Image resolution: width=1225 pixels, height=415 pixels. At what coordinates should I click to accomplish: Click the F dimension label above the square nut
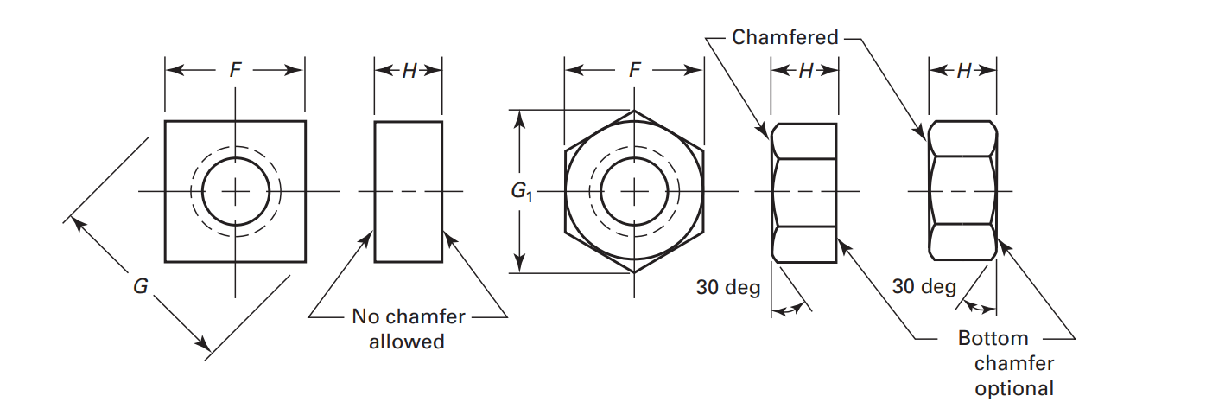pos(235,71)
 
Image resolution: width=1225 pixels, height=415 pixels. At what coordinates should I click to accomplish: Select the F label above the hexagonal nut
pos(635,71)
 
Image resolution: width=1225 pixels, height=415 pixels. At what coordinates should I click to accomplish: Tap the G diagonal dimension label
pos(141,286)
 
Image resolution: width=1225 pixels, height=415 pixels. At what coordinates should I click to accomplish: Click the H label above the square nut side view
pos(409,71)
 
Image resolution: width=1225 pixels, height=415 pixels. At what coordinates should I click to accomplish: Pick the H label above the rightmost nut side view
pos(963,71)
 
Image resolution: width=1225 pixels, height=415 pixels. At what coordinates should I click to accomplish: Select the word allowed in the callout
pos(407,342)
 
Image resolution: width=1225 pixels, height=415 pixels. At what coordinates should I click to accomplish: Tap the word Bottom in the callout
pos(993,338)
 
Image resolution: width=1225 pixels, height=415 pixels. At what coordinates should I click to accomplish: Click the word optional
pos(1014,388)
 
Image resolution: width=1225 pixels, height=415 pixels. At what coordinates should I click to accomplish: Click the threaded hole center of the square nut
pos(235,191)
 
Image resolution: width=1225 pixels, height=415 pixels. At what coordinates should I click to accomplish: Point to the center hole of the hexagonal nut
pos(635,191)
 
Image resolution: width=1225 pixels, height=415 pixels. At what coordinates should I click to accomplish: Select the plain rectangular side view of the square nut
pos(409,191)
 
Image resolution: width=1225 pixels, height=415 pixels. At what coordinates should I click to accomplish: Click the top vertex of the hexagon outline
pos(635,111)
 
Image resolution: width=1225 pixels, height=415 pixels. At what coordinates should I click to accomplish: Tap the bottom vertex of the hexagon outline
pos(635,272)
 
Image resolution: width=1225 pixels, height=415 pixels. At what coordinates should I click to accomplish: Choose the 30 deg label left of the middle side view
pos(727,286)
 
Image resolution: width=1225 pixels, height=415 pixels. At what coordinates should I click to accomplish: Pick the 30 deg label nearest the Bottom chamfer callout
pos(924,286)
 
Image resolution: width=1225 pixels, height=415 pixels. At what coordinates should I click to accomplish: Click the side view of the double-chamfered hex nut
pos(963,191)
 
